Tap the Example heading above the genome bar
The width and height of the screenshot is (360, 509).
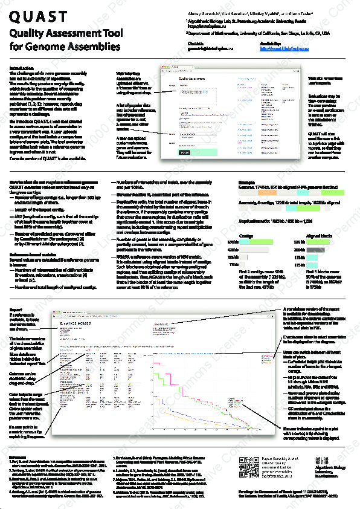(x=246, y=181)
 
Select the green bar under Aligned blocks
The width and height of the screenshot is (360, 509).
(x=317, y=256)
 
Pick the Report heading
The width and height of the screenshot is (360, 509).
(x=17, y=310)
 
